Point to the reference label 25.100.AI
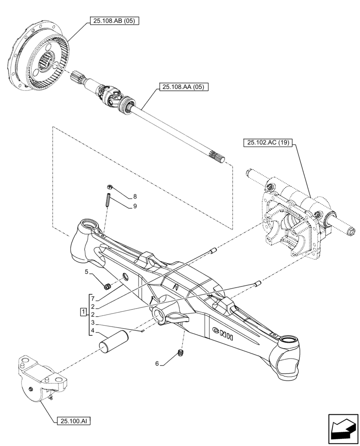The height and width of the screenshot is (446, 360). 74,420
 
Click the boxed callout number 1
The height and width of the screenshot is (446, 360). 83,311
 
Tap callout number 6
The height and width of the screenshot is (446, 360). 156,363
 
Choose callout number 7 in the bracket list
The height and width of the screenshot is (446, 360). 93,298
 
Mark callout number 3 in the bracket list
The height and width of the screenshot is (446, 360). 93,322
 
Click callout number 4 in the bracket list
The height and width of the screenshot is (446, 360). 93,330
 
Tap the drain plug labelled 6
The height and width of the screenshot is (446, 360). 180,354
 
